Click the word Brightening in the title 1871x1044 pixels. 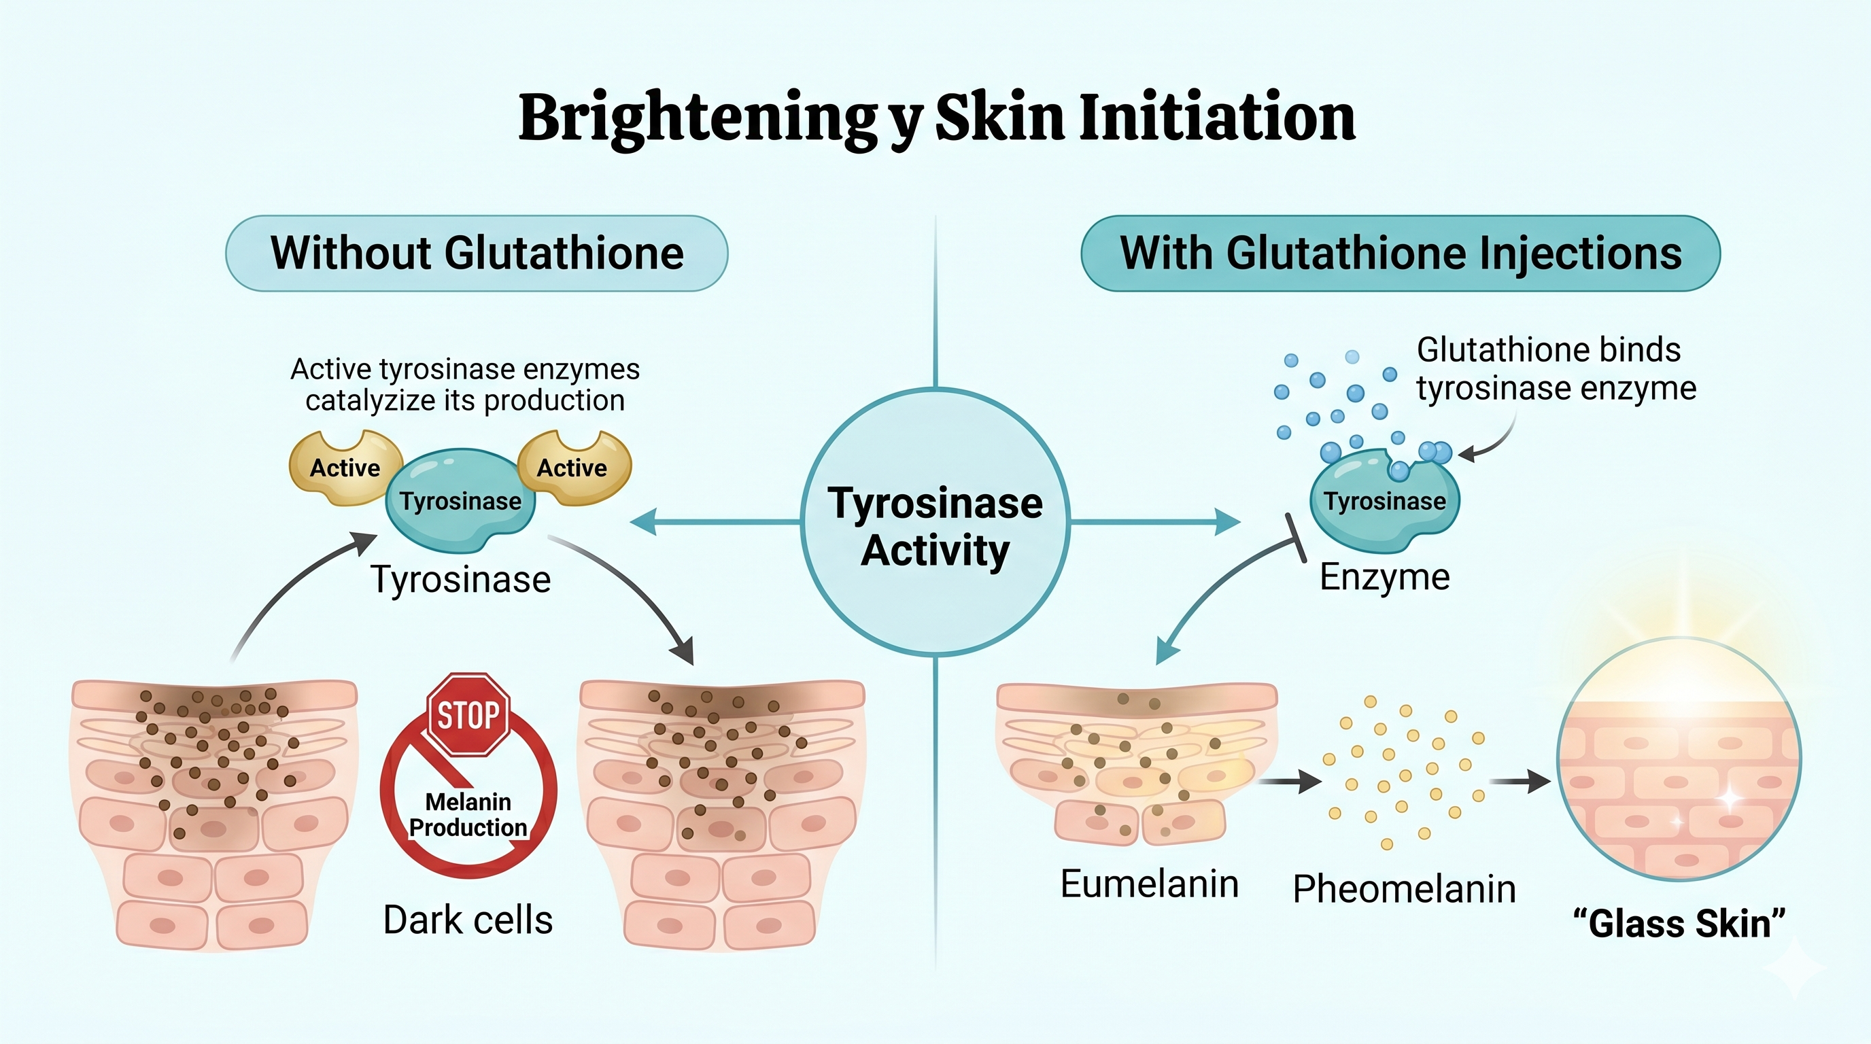coord(698,118)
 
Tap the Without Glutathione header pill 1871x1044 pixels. coord(477,254)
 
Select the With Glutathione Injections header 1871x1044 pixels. coord(1400,254)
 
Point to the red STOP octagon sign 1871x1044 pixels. coord(468,715)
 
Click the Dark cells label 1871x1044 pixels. coord(468,920)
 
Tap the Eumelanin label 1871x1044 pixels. coord(1149,884)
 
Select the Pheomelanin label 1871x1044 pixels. coord(1404,889)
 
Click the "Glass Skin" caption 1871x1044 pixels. coord(1679,924)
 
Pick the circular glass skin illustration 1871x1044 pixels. coord(1679,759)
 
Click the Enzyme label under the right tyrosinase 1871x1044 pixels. coord(1384,577)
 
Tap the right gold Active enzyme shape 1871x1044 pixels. coord(572,468)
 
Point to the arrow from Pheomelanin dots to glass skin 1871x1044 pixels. coord(1520,782)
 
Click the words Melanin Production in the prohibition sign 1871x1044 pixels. coord(468,814)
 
